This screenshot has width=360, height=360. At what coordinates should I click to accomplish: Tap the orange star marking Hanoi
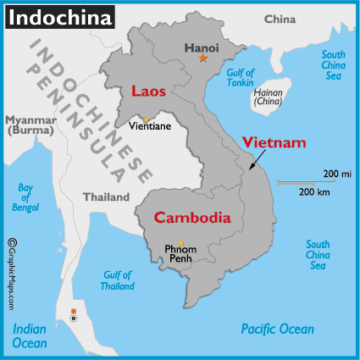202,58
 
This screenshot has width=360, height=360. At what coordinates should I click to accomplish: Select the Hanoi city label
202,47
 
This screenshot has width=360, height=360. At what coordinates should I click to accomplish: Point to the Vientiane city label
150,126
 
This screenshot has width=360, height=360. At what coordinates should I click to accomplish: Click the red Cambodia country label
192,218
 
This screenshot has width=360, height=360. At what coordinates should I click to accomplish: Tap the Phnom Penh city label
181,255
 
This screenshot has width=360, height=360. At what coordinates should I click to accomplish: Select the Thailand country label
106,197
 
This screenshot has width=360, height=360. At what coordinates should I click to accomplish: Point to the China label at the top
280,19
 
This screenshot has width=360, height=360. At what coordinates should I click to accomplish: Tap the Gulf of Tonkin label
241,79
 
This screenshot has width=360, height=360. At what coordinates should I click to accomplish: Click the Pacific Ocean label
277,329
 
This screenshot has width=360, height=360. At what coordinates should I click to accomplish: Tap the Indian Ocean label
29,336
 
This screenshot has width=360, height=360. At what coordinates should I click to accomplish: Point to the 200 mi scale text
331,174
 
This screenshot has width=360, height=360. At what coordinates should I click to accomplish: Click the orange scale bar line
305,181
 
